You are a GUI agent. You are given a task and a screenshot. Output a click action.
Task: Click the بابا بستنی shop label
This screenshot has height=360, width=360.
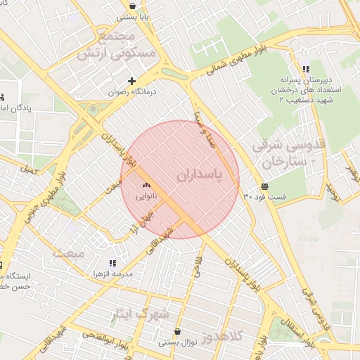pos(134,16)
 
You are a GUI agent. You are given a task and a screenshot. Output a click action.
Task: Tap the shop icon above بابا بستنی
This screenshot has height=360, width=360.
pos(133,6)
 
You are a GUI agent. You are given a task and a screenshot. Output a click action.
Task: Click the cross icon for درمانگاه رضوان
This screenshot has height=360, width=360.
pos(131,81)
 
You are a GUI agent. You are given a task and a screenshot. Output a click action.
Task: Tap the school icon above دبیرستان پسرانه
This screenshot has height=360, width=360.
pos(305,69)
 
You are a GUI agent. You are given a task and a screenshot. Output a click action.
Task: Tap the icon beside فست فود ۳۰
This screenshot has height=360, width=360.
pos(264,186)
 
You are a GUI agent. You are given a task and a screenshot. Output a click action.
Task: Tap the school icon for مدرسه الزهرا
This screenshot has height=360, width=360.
pos(112,263)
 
